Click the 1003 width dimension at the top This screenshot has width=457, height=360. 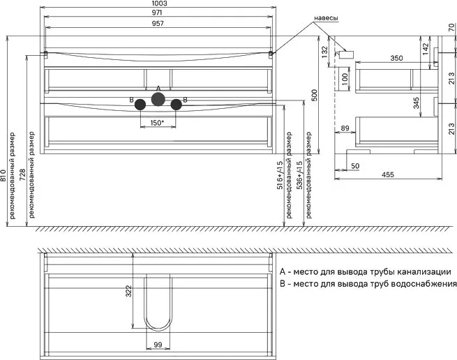[x=159, y=3]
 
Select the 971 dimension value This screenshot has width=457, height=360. [x=157, y=13]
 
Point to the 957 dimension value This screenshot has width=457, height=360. [x=158, y=23]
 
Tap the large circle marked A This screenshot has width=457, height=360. [x=158, y=99]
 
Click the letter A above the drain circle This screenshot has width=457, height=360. [x=158, y=88]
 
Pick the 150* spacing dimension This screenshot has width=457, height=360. [x=158, y=123]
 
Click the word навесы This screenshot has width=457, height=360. [x=326, y=18]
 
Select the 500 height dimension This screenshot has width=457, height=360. [x=315, y=96]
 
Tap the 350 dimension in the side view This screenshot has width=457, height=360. [x=396, y=58]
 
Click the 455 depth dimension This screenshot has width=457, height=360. [x=388, y=174]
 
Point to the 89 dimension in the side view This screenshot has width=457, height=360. [x=345, y=128]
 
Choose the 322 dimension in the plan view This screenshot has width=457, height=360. [x=128, y=291]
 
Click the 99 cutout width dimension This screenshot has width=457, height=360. [x=158, y=345]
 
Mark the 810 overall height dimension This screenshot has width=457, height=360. [x=3, y=175]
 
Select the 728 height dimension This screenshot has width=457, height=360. [x=23, y=174]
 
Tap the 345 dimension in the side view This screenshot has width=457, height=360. [x=416, y=103]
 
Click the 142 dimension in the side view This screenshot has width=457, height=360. [x=425, y=49]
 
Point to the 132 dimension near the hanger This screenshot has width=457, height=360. [x=324, y=52]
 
